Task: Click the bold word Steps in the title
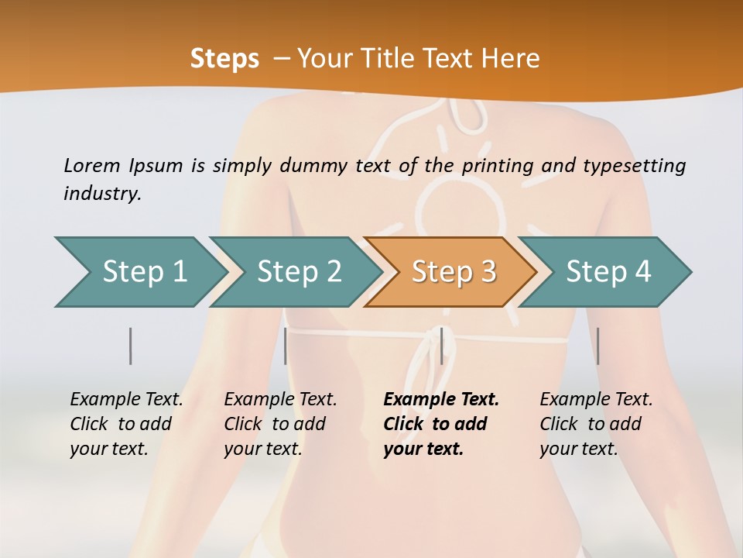(224, 59)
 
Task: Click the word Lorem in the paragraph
(91, 165)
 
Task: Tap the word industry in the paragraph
(102, 194)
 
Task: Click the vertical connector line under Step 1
(131, 346)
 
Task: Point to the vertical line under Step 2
(286, 346)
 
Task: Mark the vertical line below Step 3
(441, 346)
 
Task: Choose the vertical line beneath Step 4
(597, 346)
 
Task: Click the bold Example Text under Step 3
(441, 400)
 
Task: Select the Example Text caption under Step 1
(126, 400)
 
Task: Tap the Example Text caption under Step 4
(596, 400)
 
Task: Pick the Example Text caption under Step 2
(280, 400)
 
